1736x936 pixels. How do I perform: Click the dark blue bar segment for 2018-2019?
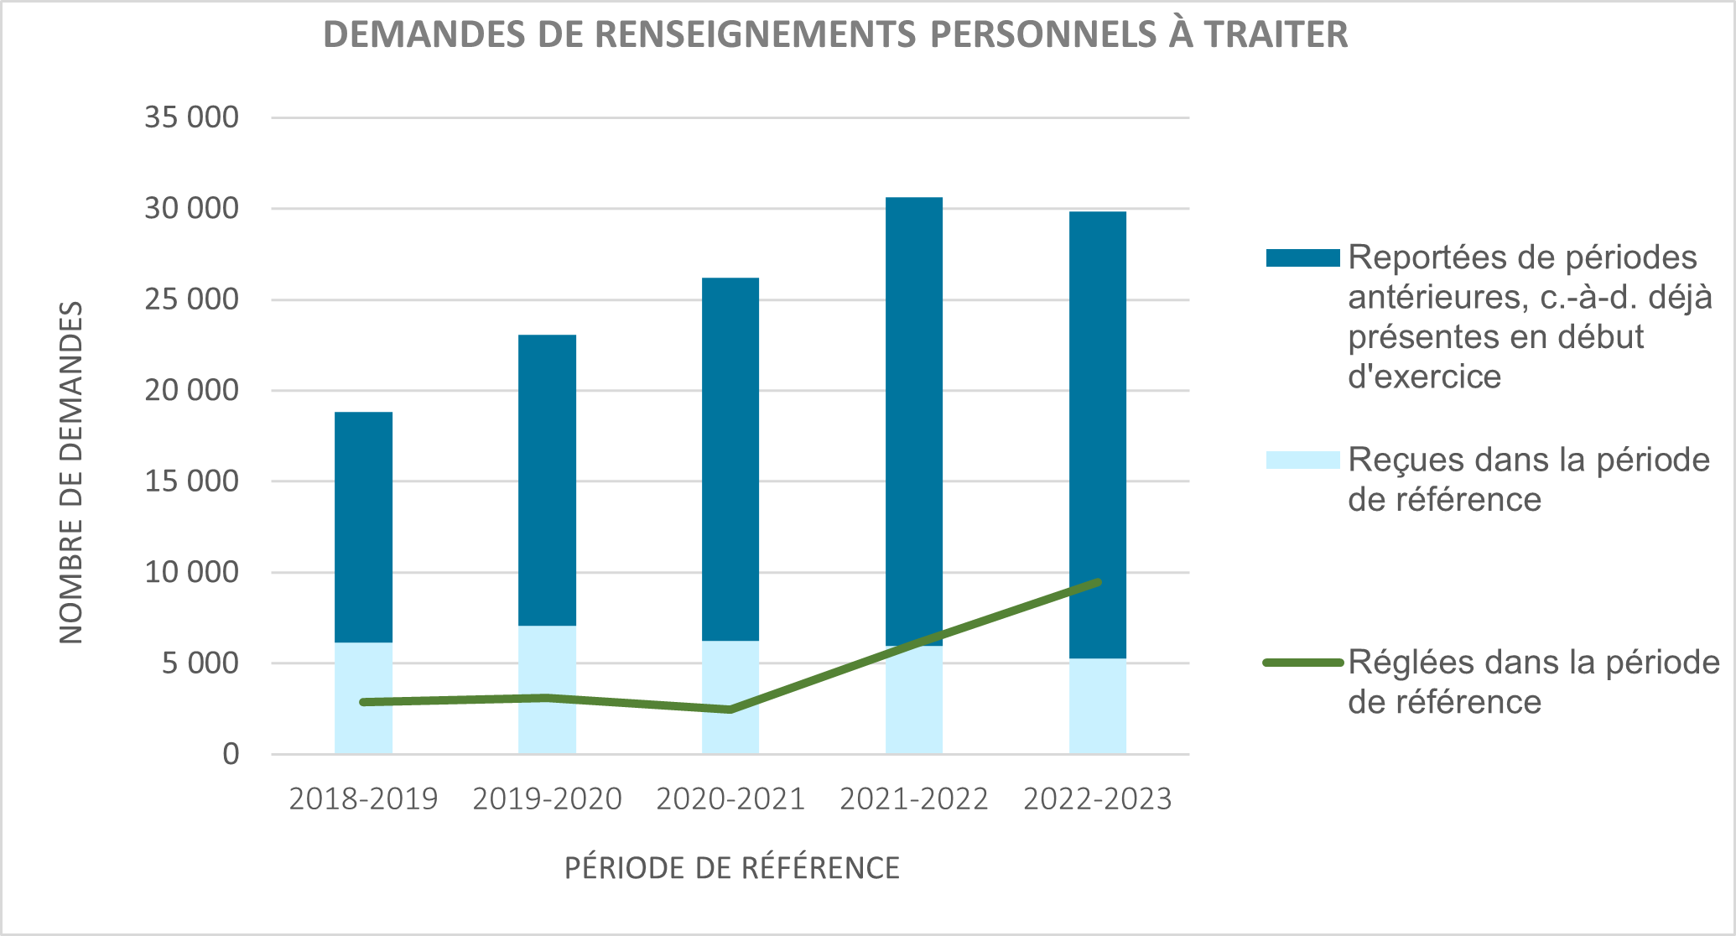pos(363,527)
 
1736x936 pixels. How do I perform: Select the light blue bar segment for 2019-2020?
pos(547,663)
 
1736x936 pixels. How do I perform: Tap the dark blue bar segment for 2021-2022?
pos(913,419)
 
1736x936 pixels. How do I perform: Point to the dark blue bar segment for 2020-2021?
pos(730,459)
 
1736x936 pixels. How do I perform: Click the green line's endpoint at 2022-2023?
pos(1098,582)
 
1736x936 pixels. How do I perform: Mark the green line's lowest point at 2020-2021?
pos(730,710)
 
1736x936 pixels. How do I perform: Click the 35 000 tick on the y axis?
pos(191,117)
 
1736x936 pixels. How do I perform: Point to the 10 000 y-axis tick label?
pos(191,573)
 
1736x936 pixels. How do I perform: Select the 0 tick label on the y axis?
pos(231,755)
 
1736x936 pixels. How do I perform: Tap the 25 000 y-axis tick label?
pos(191,299)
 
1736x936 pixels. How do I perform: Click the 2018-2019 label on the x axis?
pos(363,799)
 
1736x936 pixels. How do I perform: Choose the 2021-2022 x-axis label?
pos(913,799)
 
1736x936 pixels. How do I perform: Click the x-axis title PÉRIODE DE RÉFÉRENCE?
pos(731,868)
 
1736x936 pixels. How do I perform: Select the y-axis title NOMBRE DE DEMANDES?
pos(72,472)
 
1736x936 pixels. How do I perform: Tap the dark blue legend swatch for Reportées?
pos(1302,258)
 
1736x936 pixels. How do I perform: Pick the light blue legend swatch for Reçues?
pos(1302,460)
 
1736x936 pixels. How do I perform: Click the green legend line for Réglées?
pos(1302,663)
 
